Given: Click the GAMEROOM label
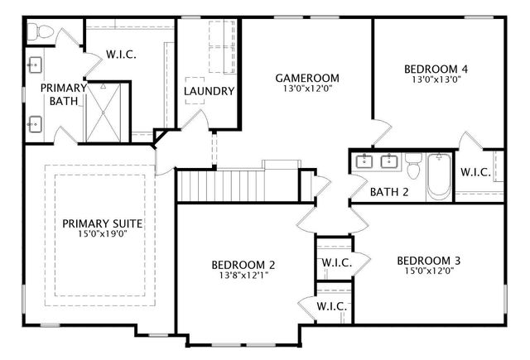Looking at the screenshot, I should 306,79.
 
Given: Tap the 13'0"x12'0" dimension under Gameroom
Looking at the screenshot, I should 306,89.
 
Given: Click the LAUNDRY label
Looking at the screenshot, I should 209,91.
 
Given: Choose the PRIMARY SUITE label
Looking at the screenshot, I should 103,223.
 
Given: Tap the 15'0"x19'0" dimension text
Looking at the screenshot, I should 103,234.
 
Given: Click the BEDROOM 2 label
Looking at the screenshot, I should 243,265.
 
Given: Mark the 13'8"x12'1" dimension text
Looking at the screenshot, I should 243,276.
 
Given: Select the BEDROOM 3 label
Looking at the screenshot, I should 428,261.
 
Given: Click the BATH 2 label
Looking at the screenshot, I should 389,193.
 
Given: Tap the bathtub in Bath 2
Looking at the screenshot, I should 439,176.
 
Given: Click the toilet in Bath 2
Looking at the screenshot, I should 413,168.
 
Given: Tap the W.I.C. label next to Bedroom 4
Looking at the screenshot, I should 475,172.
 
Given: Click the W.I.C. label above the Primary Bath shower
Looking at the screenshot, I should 121,55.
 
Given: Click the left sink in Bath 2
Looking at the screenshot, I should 364,161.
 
